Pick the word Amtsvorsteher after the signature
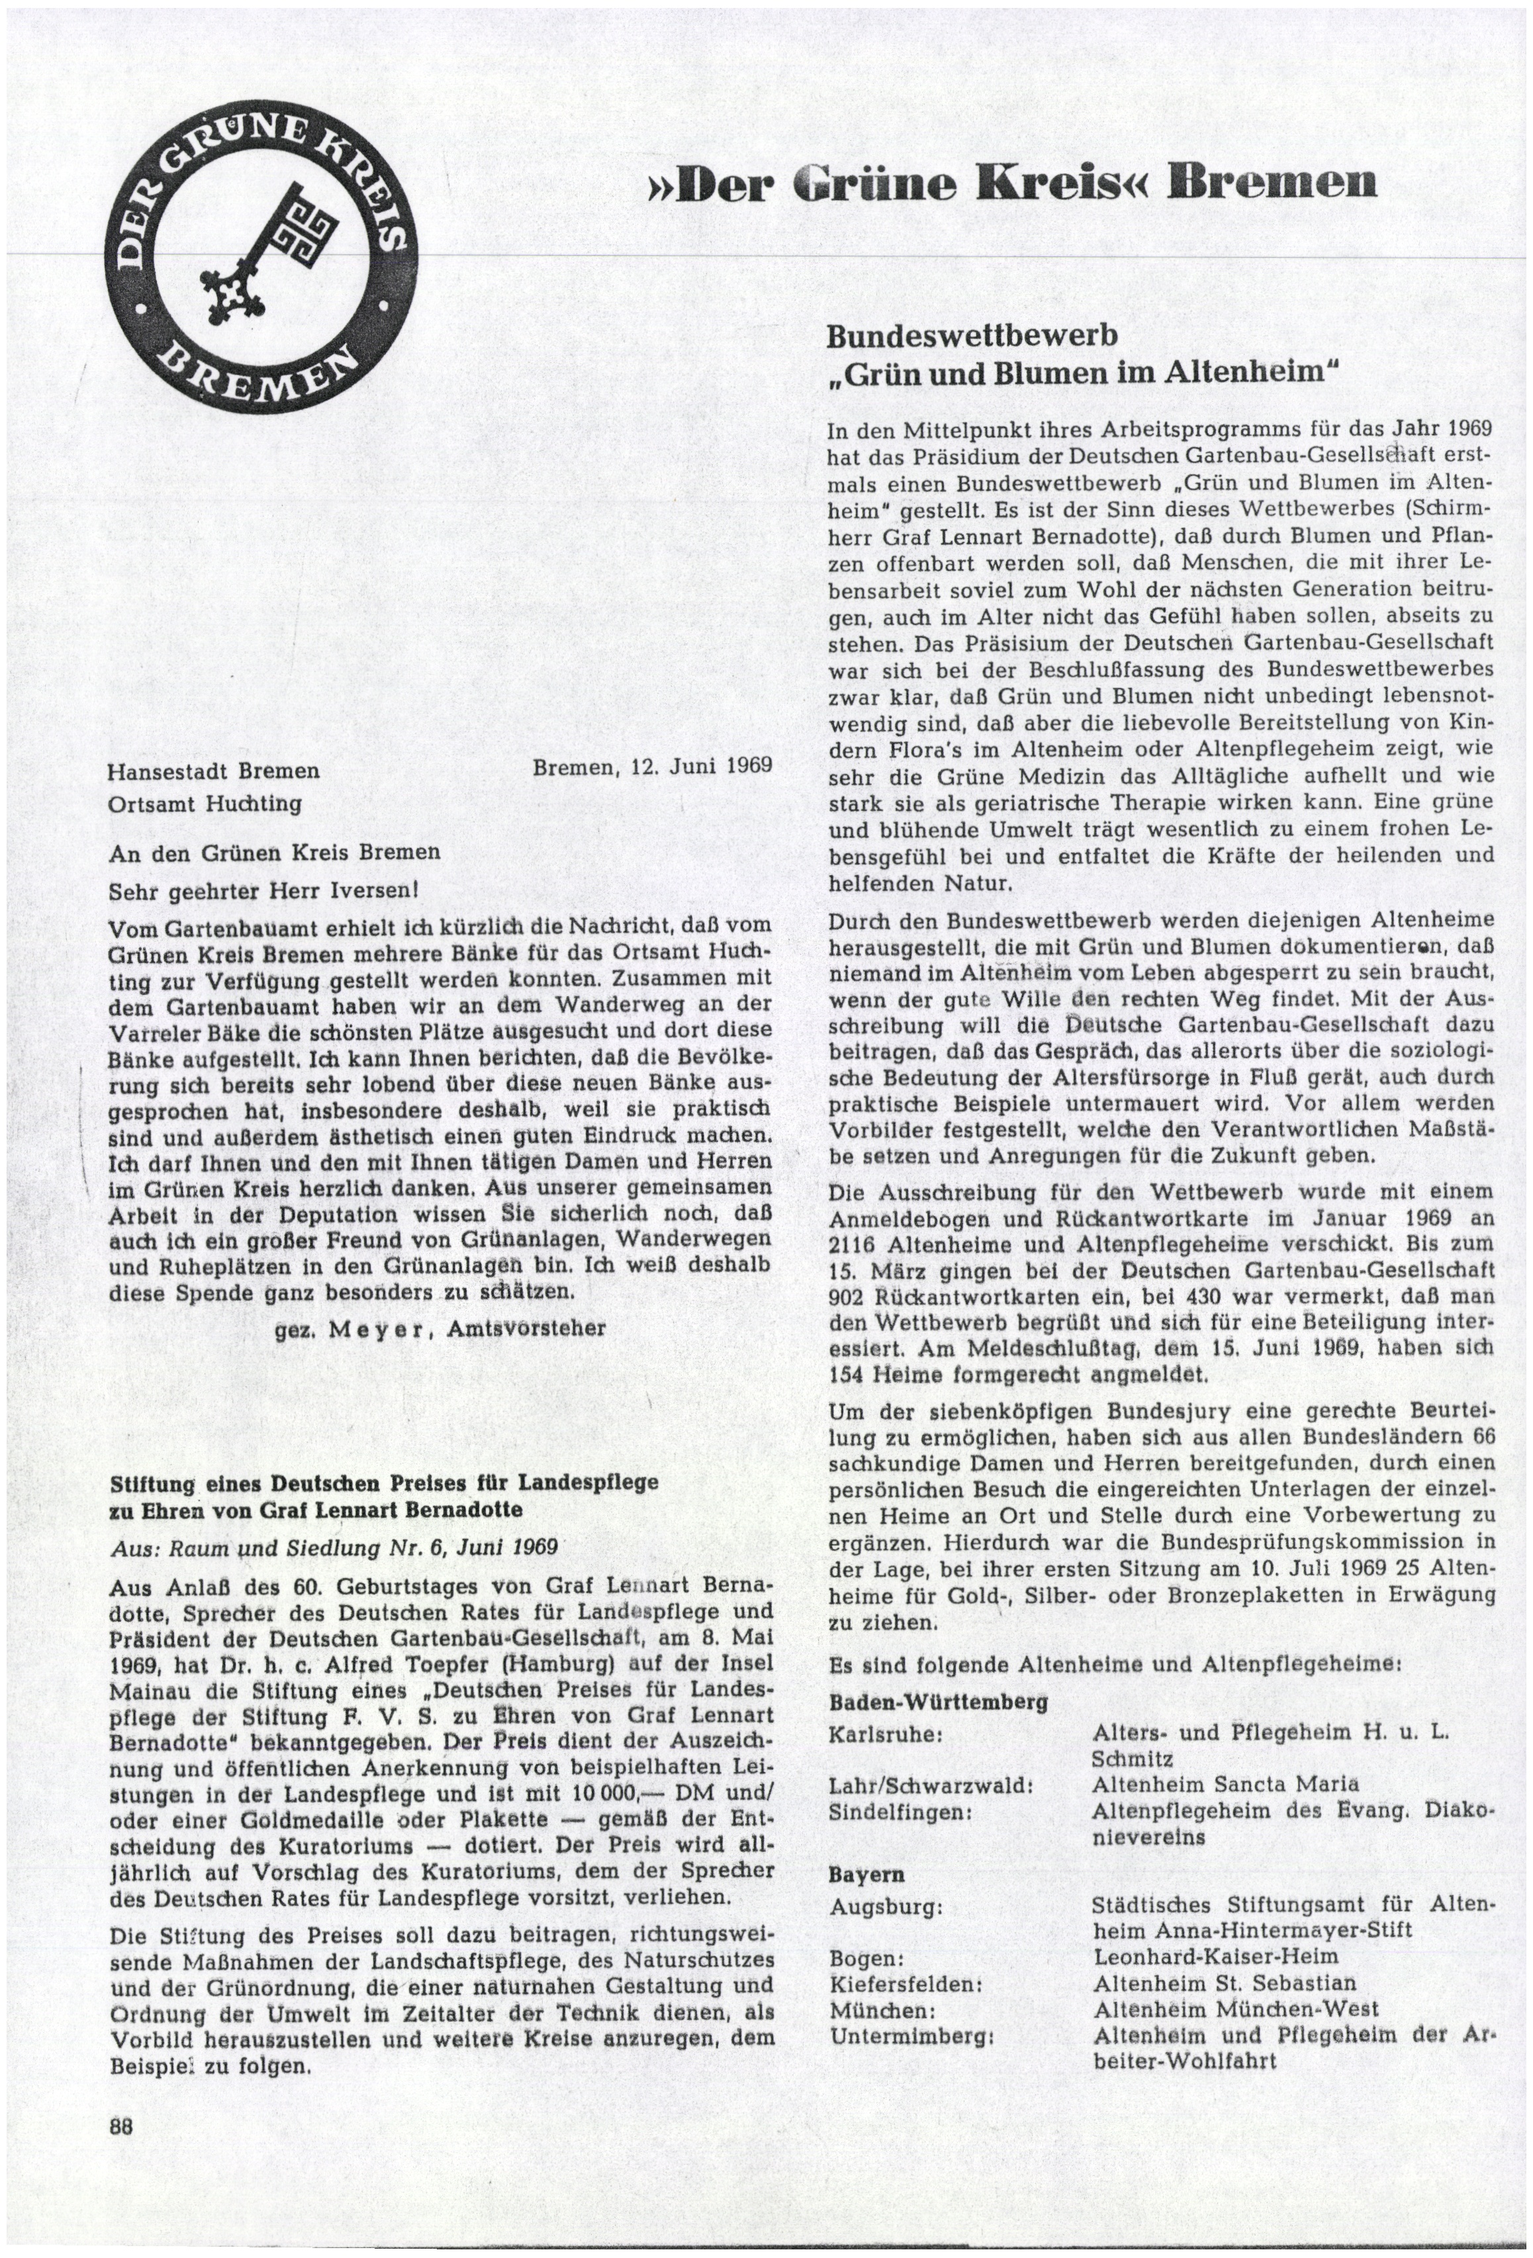pyautogui.click(x=525, y=1328)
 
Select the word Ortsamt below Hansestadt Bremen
pyautogui.click(x=146, y=804)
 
